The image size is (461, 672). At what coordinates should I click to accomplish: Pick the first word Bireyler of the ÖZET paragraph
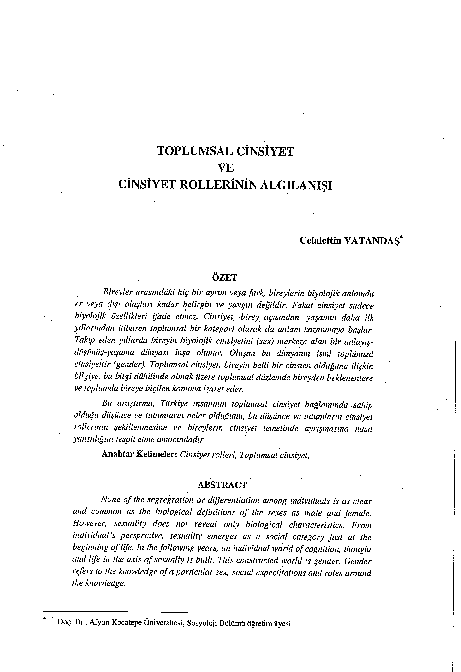(x=136, y=289)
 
